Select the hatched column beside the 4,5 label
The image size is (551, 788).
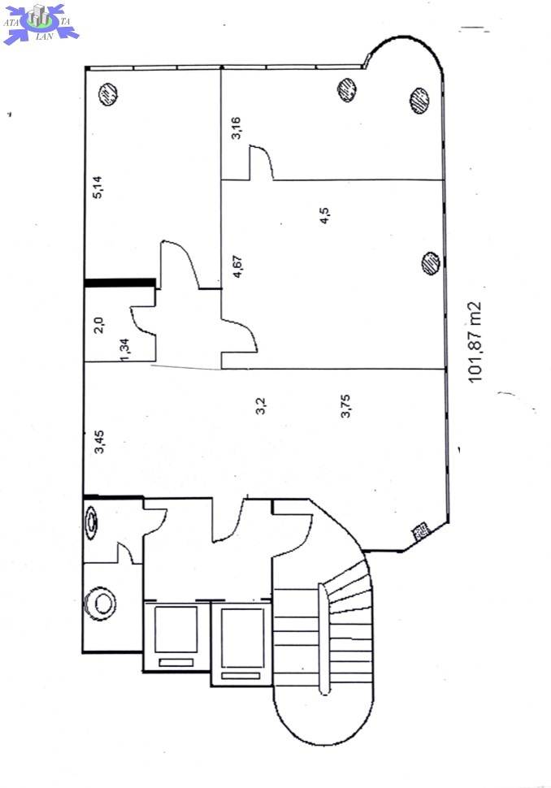coord(430,262)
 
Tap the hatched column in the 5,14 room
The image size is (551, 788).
coord(106,96)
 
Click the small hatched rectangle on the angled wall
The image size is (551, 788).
coord(421,532)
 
